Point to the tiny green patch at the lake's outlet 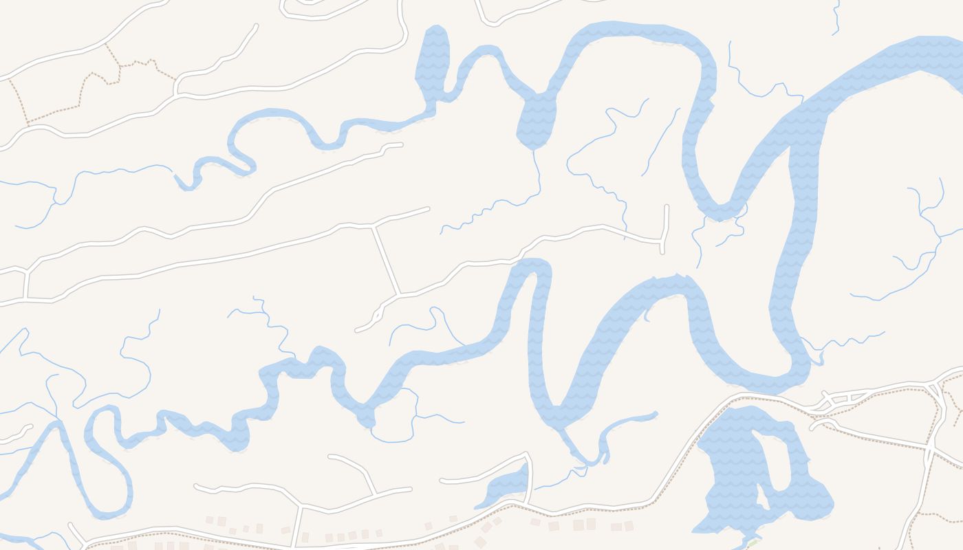[x=754, y=542]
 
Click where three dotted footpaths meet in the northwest [x=120, y=66]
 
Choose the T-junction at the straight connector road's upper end [x=372, y=225]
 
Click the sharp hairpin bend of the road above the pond [x=528, y=454]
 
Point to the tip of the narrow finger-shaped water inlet [x=655, y=415]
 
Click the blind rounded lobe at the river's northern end [x=434, y=41]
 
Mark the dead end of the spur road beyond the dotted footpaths [x=256, y=26]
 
